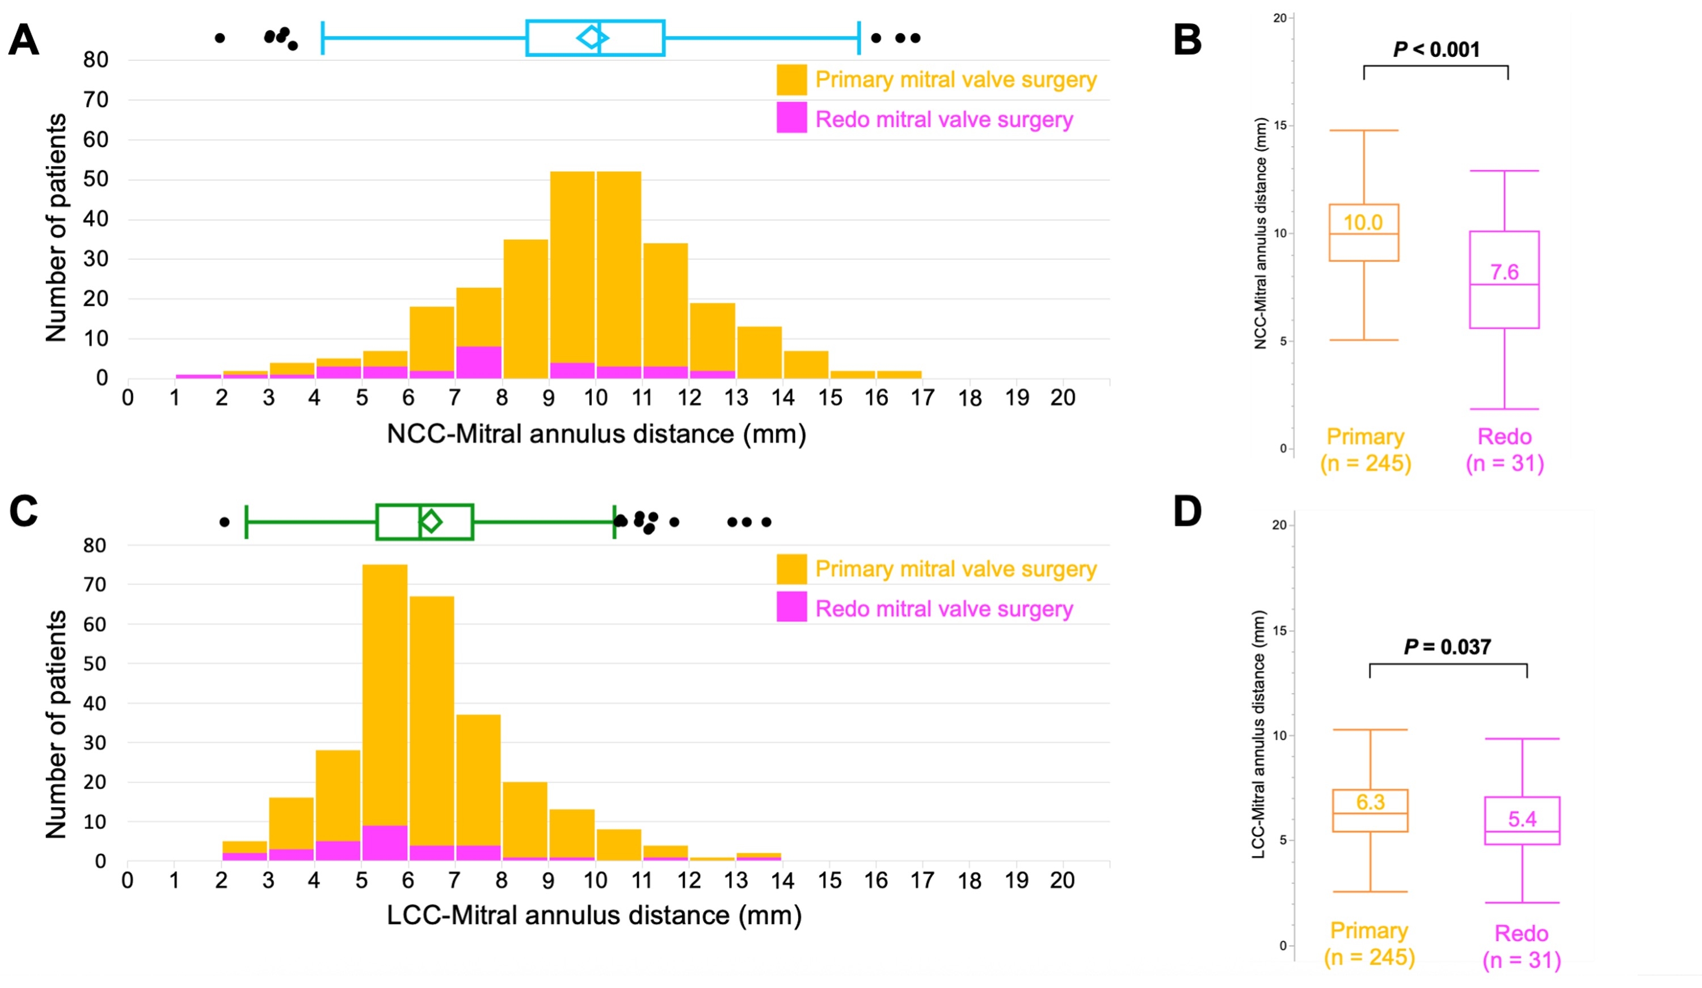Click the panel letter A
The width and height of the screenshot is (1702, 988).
point(24,40)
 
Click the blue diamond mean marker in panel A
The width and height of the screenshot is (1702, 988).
point(592,37)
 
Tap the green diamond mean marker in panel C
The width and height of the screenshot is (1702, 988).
point(431,521)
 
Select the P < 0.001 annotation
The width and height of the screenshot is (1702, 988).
point(1436,50)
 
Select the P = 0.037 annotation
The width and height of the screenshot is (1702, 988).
point(1447,647)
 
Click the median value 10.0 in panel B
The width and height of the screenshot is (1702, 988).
point(1362,222)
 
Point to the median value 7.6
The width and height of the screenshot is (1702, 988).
point(1504,272)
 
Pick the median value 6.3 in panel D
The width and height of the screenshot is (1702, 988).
point(1370,803)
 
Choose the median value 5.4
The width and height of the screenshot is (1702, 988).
point(1522,819)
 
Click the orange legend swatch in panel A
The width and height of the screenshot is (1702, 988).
point(791,80)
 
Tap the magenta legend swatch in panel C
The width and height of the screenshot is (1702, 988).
point(791,606)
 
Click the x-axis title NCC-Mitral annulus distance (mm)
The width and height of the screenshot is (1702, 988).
point(596,433)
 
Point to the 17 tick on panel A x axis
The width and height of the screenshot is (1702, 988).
point(922,398)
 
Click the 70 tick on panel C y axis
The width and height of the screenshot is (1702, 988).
point(95,585)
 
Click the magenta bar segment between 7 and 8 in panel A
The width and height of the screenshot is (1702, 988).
point(478,362)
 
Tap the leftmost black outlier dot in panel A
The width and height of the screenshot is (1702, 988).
point(220,38)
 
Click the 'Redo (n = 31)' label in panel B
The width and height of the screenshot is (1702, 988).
point(1504,450)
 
